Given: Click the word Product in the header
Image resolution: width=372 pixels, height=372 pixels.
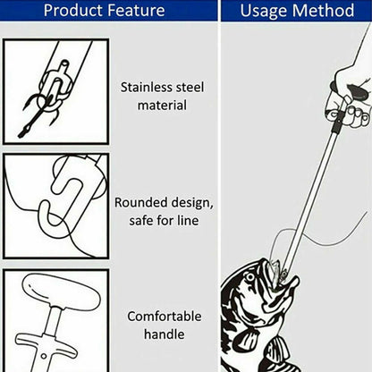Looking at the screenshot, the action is tap(73, 11).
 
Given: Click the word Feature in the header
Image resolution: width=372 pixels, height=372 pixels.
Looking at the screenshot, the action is tap(136, 11).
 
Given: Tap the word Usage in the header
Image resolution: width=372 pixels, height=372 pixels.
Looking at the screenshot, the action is tap(264, 11).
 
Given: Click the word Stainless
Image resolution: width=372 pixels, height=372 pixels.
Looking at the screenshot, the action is tap(147, 88).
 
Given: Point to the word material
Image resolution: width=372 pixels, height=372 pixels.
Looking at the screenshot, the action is tap(162, 106).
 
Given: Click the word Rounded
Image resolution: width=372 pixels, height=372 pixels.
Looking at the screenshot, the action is tap(138, 203).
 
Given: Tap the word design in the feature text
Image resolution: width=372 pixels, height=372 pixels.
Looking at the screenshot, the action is tap(189, 203).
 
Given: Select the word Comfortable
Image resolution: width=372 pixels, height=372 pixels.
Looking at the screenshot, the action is tap(165, 317).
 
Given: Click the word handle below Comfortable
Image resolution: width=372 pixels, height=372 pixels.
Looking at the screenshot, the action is tap(165, 334).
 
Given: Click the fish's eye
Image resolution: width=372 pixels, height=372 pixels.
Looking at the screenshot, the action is tap(249, 277).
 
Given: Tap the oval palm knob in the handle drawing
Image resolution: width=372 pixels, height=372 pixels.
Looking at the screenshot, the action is tap(61, 292).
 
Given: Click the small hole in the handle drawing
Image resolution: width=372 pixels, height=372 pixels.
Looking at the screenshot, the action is tap(44, 356).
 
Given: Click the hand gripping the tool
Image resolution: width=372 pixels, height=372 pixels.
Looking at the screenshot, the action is tap(347, 96).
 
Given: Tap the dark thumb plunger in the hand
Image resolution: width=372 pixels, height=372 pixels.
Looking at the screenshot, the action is tap(359, 92).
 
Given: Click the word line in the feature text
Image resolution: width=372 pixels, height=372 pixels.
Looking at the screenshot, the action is tap(188, 221).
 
